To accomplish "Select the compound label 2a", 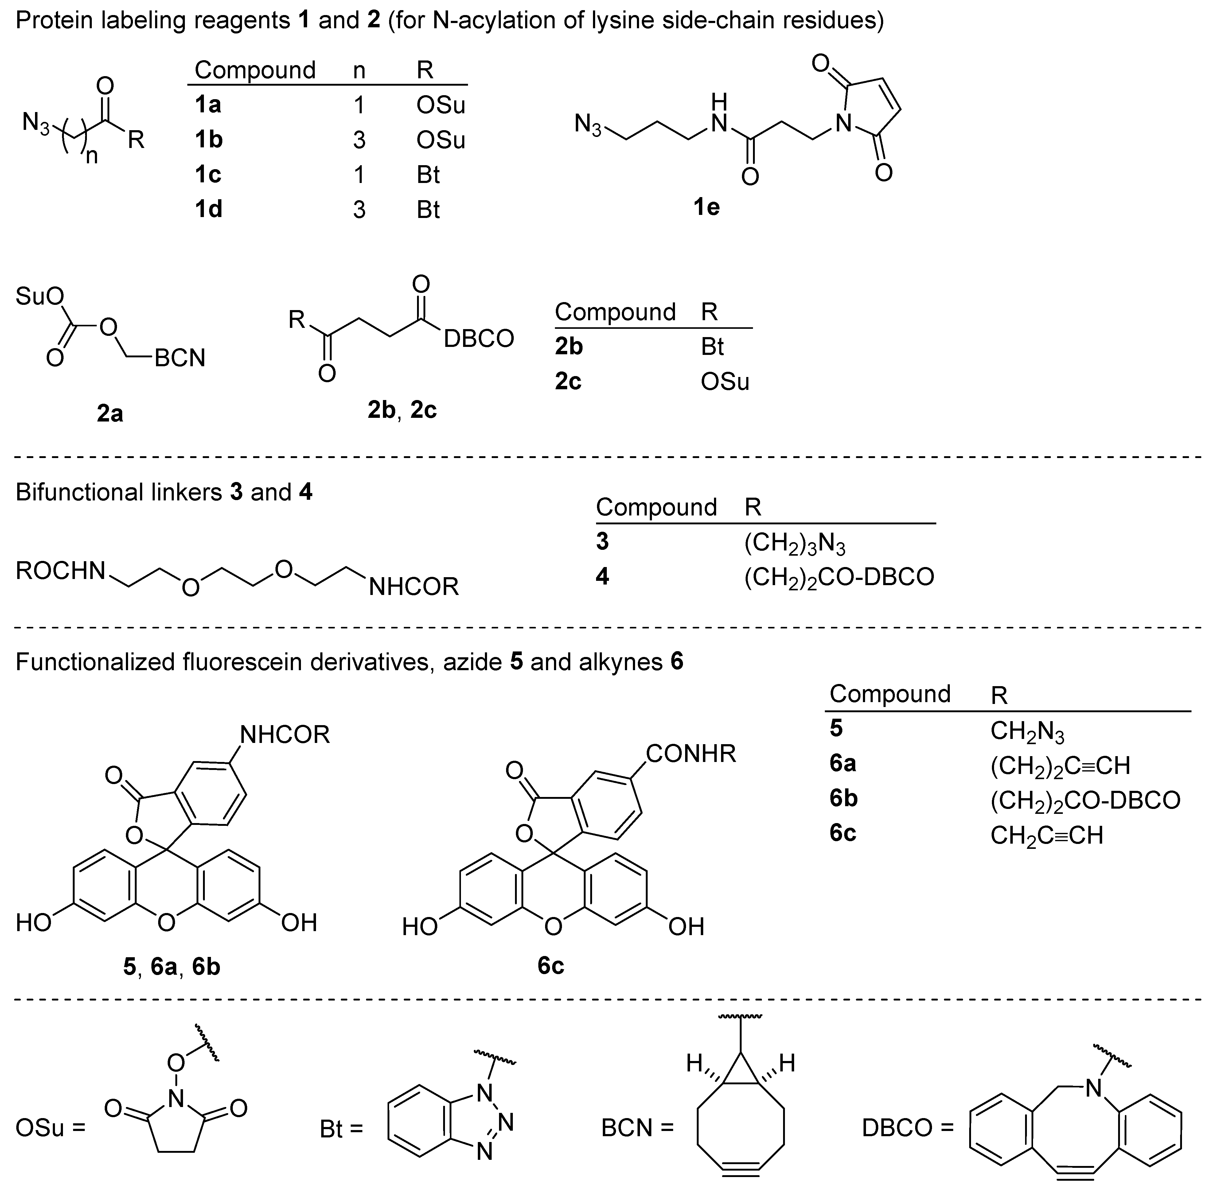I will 110,413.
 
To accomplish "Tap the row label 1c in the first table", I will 208,175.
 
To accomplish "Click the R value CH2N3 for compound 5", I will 1027,731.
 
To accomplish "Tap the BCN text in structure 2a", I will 180,359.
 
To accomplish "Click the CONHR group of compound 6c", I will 691,754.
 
